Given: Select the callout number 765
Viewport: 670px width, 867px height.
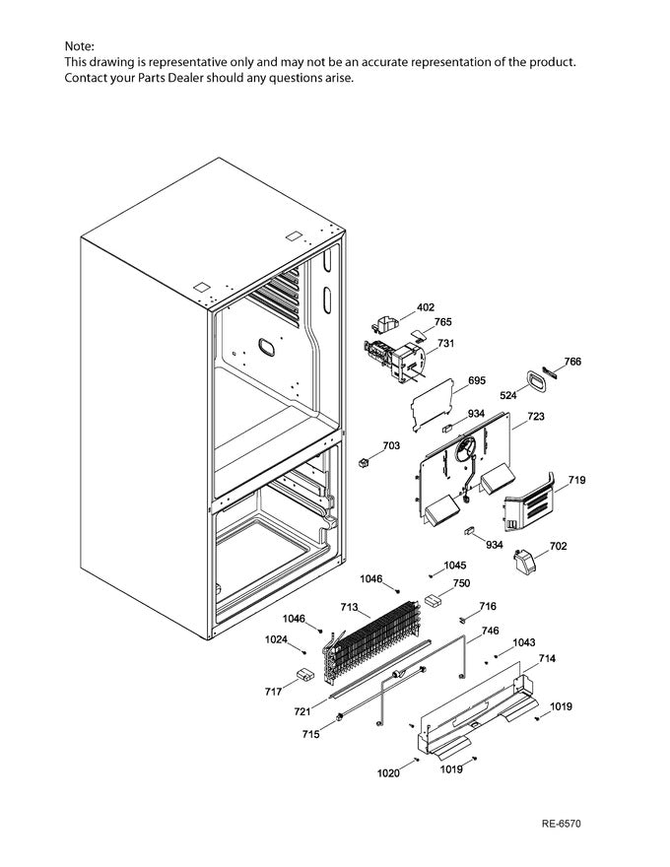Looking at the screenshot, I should coord(443,322).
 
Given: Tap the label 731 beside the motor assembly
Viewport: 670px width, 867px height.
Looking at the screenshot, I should coord(446,344).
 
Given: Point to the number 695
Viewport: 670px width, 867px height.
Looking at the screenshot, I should coord(477,380).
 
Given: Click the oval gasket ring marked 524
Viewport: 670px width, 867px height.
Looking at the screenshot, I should coord(535,380).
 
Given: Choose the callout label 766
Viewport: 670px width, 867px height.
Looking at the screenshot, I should coord(572,362).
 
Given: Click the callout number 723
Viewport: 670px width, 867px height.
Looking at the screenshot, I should coord(535,417).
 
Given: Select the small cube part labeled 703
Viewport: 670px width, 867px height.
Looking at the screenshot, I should coord(365,462).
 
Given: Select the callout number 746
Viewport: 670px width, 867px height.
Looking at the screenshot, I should coord(490,631).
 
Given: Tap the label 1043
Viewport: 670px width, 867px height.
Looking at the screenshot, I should coord(524,642).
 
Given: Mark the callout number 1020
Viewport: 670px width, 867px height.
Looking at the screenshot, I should coord(390,773).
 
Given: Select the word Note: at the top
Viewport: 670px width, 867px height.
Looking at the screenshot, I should coord(80,46).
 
